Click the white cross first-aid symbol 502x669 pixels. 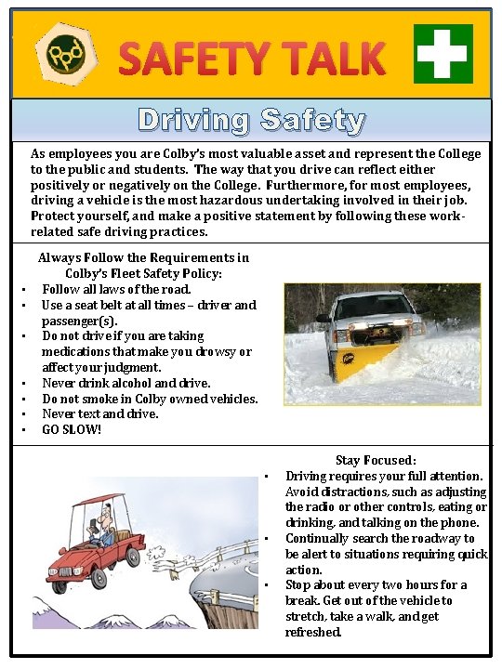(443, 53)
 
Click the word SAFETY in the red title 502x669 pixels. (186, 59)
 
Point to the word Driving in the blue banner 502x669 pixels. (194, 120)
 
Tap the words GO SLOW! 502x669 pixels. (72, 429)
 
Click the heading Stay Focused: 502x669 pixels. (376, 460)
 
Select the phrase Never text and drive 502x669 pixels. (100, 413)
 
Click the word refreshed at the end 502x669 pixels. (313, 632)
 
